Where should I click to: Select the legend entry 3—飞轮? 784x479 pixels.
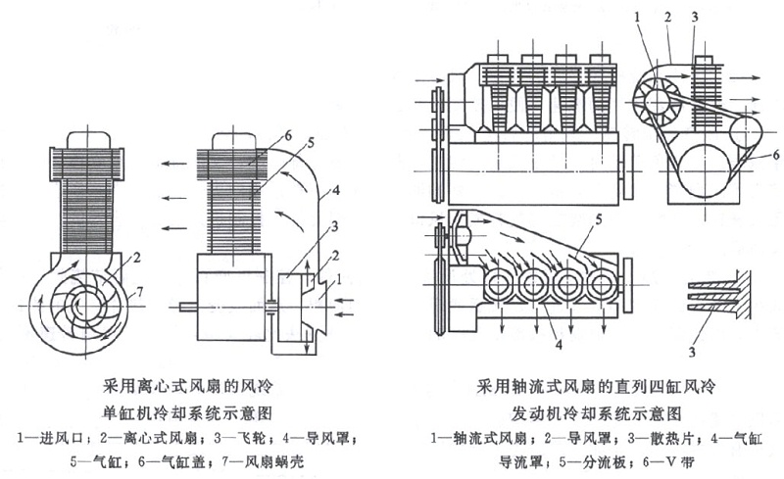click(227, 431)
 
